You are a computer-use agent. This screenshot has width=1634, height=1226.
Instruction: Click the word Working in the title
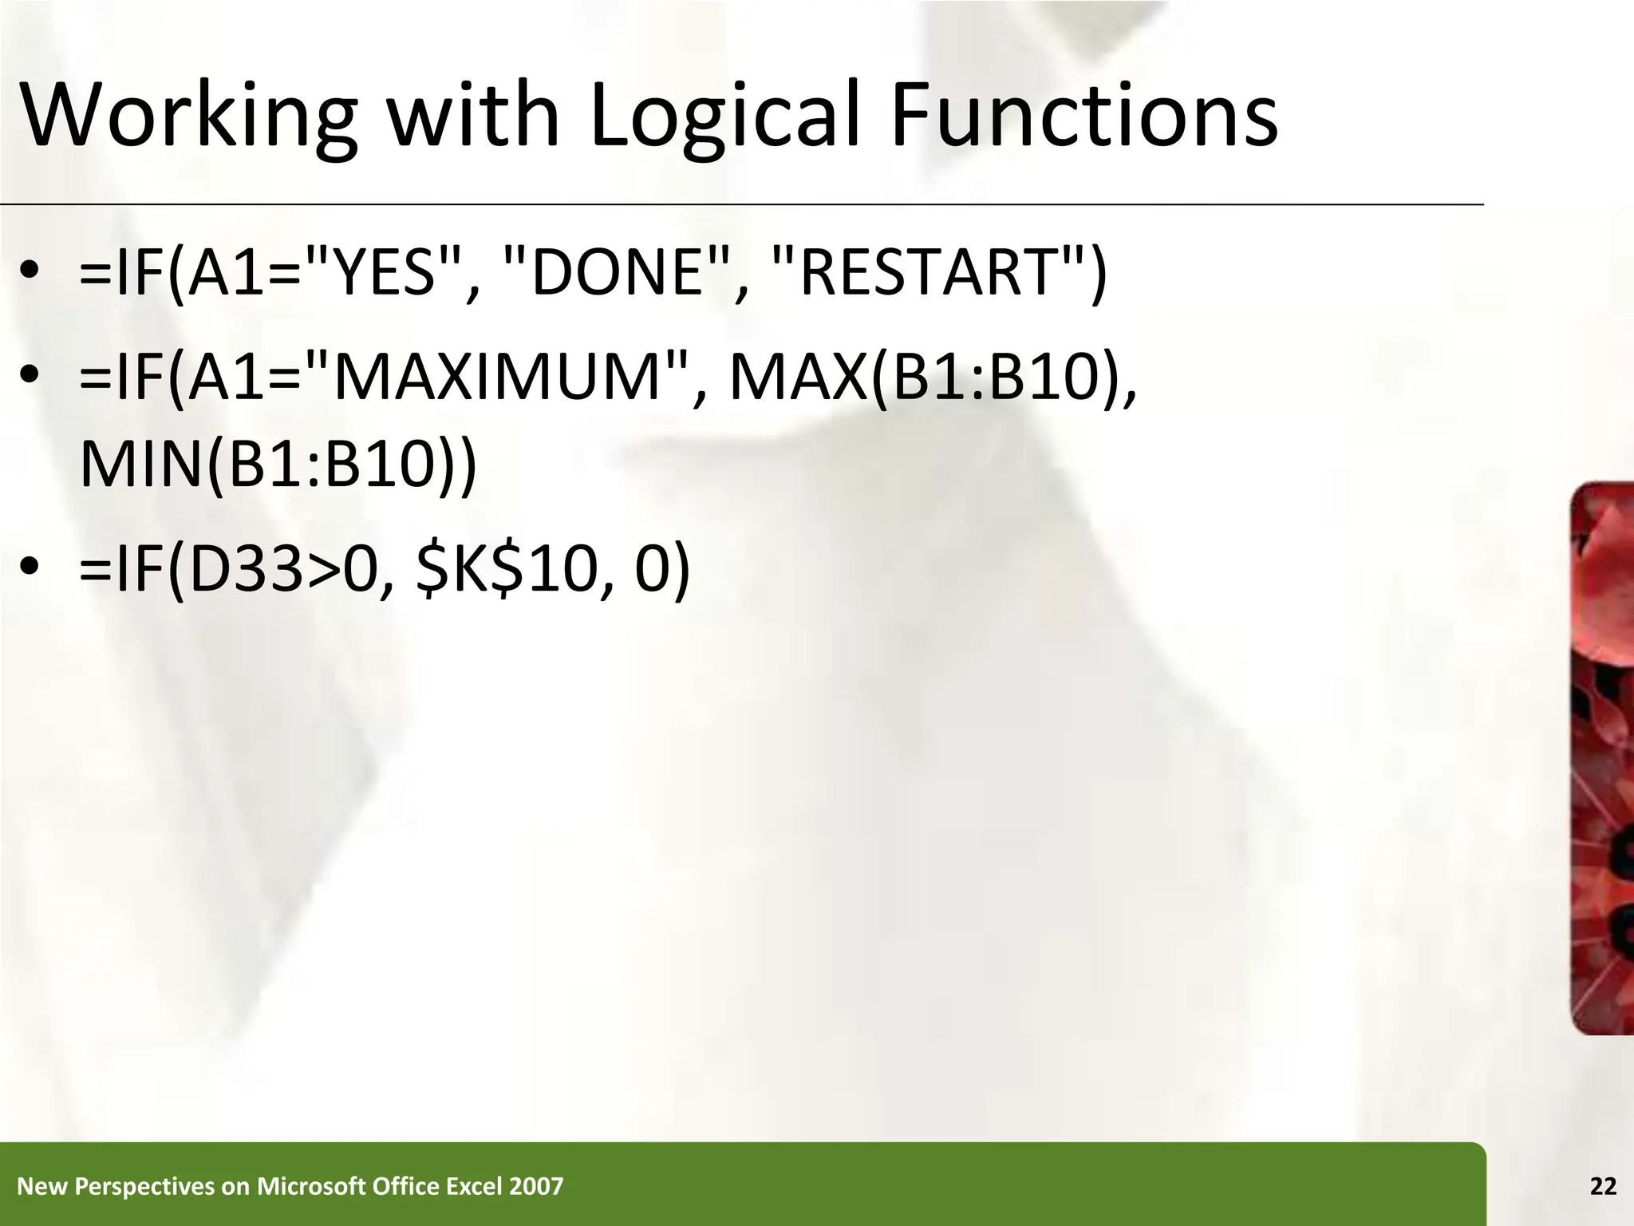pyautogui.click(x=188, y=118)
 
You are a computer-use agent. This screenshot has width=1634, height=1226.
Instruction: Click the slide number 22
pyautogui.click(x=1603, y=1187)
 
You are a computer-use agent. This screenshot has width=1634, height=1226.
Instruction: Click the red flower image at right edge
pyautogui.click(x=1602, y=758)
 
